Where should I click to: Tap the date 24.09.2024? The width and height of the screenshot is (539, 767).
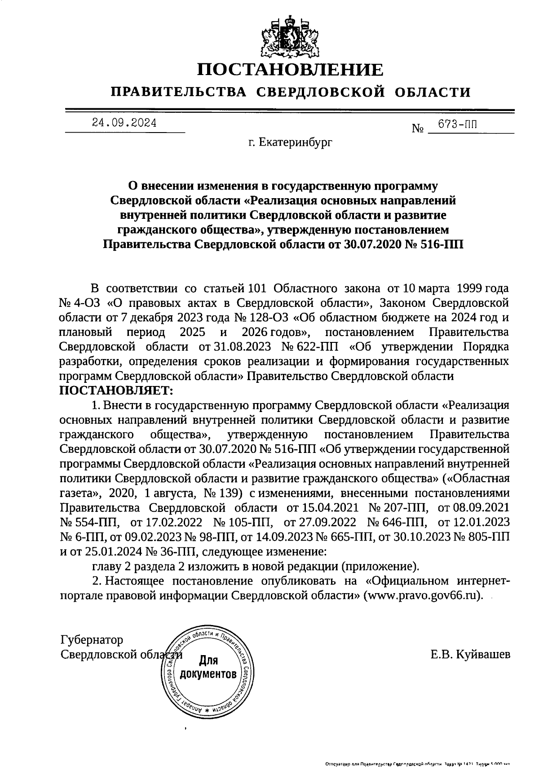tap(124, 122)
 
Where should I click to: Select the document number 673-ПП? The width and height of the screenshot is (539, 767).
tap(457, 125)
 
